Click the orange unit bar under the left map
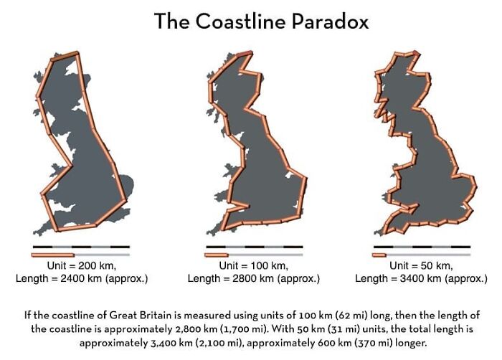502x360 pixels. [52, 255]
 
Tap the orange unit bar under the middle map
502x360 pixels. [215, 255]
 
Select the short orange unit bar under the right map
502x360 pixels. [379, 255]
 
